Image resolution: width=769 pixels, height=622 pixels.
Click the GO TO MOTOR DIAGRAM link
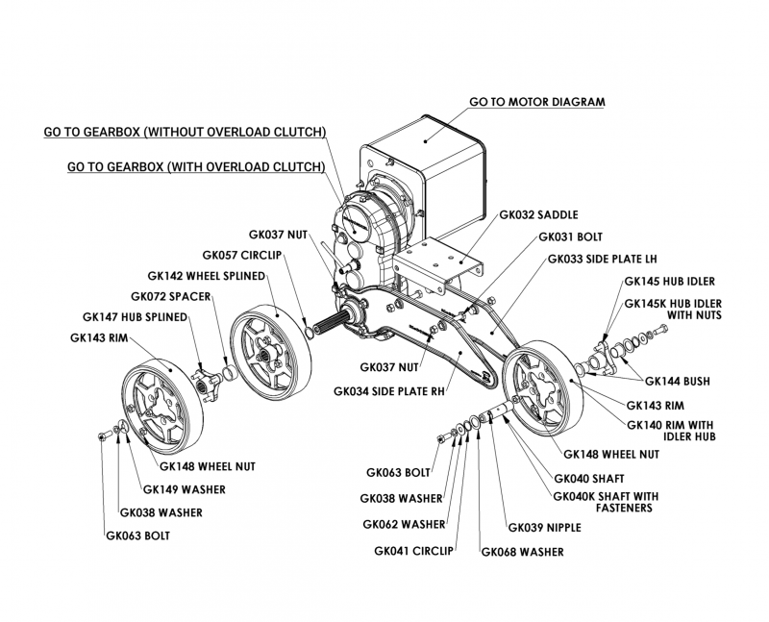click(x=536, y=100)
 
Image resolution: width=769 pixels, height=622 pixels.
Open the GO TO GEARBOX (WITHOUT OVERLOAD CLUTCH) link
click(x=185, y=132)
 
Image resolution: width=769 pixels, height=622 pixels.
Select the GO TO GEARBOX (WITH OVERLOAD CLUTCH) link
click(x=195, y=166)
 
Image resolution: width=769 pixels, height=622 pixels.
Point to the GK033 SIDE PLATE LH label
click(x=602, y=259)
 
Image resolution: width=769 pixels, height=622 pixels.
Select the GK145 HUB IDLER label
click(x=670, y=283)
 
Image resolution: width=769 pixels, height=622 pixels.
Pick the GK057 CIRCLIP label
click(x=240, y=256)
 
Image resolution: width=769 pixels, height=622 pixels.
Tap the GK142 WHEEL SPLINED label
click(x=206, y=275)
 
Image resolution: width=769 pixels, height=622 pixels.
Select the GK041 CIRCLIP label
click(x=412, y=552)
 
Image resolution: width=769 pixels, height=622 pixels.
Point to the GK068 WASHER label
click(x=522, y=552)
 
